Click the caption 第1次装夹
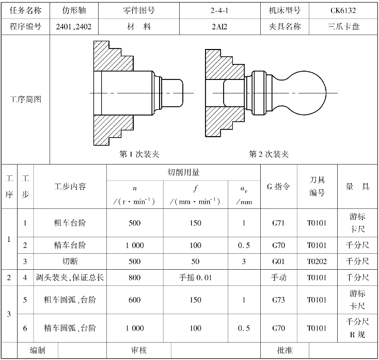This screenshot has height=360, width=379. pos(139,154)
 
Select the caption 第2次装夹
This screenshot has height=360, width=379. pos(269,154)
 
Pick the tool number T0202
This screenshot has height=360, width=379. pos(317,261)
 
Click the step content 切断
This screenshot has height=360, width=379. pos(70,261)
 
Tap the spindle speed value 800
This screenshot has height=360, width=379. pos(134,278)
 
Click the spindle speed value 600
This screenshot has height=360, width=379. pos(134,300)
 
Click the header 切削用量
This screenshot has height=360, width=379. pos(184,172)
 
